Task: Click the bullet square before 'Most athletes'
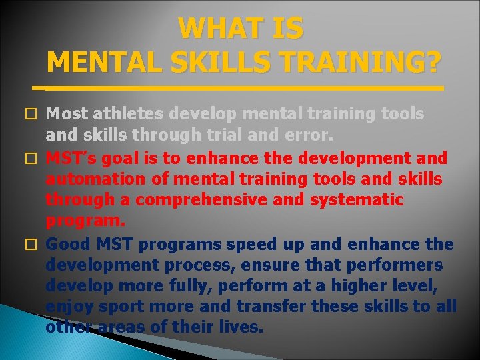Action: point(37,115)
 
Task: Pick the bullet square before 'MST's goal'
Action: point(37,159)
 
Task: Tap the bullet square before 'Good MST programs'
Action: point(37,245)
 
